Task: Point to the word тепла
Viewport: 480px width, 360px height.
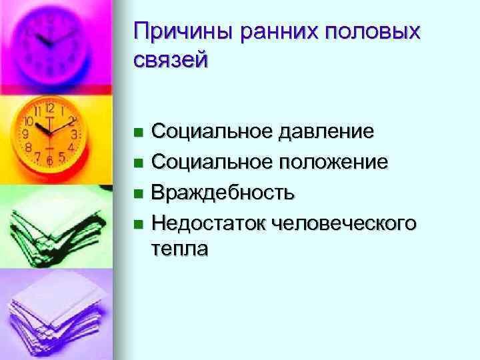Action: tap(179, 249)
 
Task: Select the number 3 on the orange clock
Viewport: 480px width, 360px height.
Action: tap(75, 134)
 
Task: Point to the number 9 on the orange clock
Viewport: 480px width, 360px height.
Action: tap(26, 134)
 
